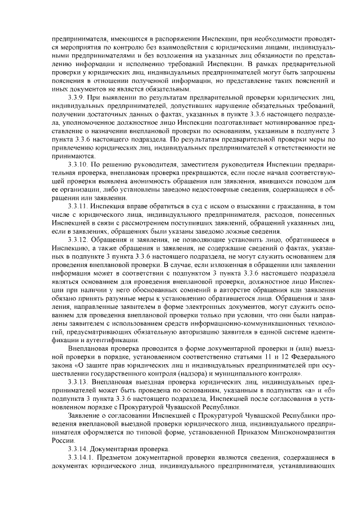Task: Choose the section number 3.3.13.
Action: pyautogui.click(x=78, y=382)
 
